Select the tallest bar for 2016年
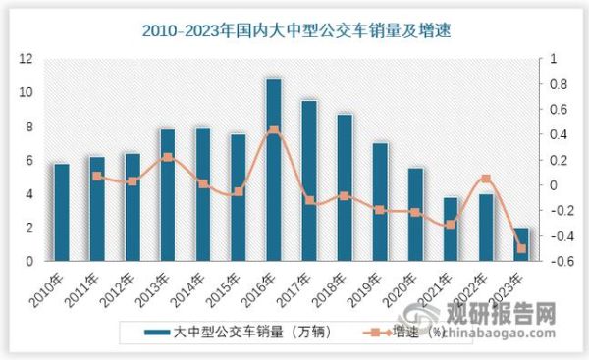pos(274,170)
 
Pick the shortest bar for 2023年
pos(522,244)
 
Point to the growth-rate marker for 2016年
pos(274,129)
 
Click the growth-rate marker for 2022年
pos(486,179)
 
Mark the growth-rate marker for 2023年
pos(522,249)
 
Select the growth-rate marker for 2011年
pos(96,177)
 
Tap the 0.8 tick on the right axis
pos(552,84)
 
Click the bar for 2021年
pos(451,230)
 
